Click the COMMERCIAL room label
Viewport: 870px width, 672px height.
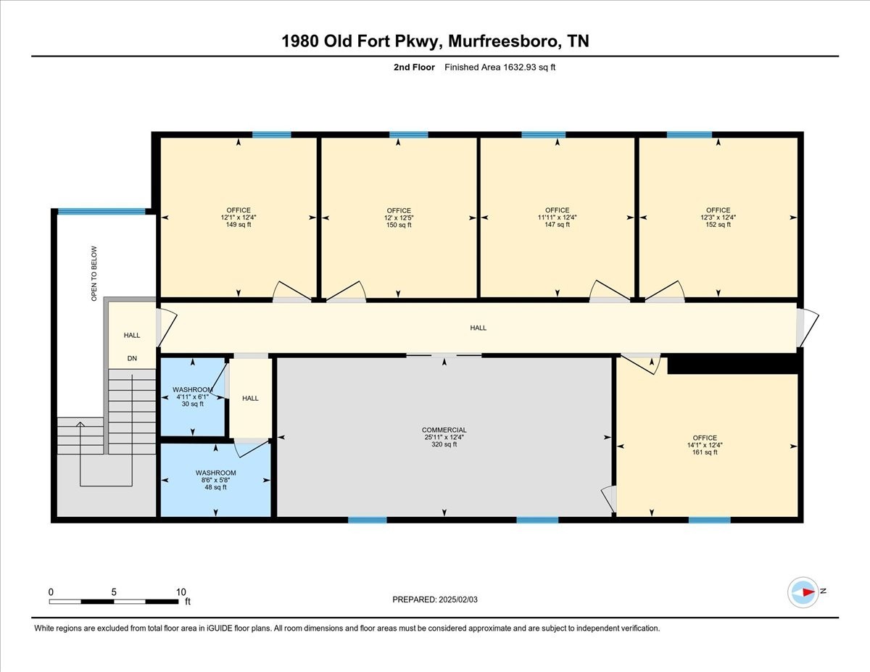[x=444, y=430]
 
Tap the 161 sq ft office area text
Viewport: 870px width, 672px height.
[x=705, y=452]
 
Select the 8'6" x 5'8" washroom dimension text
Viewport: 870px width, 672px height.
[x=215, y=480]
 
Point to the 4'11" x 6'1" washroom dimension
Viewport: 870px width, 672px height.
[x=193, y=397]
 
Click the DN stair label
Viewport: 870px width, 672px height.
[x=132, y=358]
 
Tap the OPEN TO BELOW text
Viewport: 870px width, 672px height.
[x=94, y=273]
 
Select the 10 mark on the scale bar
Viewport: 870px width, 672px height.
[x=181, y=592]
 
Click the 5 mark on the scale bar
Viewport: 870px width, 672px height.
[x=114, y=592]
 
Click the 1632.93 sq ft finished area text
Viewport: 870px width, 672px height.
[x=529, y=67]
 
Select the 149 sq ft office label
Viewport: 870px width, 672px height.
[x=239, y=225]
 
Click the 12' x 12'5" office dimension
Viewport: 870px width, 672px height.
[x=399, y=217]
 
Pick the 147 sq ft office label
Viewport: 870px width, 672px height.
[x=557, y=225]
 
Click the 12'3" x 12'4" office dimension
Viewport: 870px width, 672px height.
[x=718, y=217]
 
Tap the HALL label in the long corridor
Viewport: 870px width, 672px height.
[x=478, y=328]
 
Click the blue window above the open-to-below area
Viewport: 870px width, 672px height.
[x=101, y=212]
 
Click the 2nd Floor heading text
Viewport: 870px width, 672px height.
[x=414, y=67]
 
